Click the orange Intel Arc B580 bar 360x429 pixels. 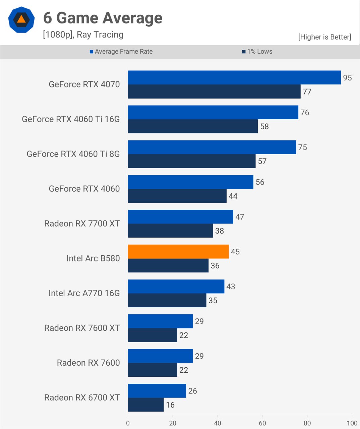point(178,251)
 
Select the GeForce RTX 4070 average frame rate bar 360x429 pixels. point(234,77)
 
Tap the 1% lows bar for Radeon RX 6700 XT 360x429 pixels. point(146,405)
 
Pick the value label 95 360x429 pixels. point(347,78)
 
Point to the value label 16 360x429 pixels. point(170,405)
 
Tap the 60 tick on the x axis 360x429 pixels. point(262,423)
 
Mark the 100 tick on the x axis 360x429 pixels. point(352,423)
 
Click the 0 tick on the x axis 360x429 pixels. point(128,423)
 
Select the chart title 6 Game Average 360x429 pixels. point(103,18)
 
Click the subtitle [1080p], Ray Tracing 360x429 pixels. point(83,35)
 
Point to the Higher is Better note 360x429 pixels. point(324,37)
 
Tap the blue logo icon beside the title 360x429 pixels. point(21,19)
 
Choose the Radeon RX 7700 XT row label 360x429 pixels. point(82,224)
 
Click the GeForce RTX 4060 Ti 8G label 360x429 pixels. point(73,154)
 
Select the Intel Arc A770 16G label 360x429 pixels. point(84,293)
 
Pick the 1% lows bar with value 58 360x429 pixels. point(193,126)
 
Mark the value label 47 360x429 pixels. point(240,217)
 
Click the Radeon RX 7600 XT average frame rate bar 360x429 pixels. point(160,321)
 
